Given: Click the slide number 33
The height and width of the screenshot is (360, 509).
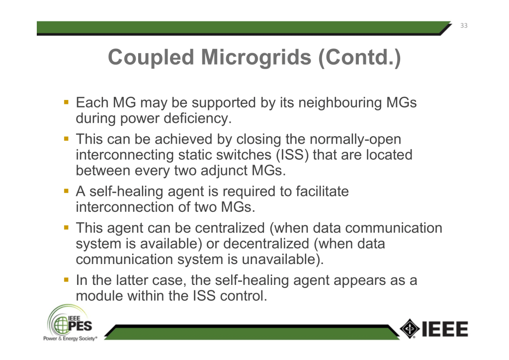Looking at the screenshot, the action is (x=464, y=26).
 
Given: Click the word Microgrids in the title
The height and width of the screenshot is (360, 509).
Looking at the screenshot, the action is (x=256, y=57).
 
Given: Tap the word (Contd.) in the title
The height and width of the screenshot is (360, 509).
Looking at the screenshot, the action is (x=360, y=58).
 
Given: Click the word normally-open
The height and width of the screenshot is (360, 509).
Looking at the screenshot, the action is (x=355, y=140).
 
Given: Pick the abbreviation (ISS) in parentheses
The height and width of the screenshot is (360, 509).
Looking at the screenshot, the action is (x=292, y=155).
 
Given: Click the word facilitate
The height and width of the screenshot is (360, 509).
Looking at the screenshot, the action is (x=322, y=191).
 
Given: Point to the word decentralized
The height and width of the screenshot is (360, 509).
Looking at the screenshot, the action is (x=266, y=244).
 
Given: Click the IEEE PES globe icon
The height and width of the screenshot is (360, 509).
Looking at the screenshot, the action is (x=61, y=325).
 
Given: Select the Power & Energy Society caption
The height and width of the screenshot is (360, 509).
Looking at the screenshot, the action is (x=70, y=339).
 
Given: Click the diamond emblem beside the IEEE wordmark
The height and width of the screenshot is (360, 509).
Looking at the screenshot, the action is (x=410, y=329).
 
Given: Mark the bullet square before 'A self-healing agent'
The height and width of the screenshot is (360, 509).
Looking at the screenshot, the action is (x=67, y=191).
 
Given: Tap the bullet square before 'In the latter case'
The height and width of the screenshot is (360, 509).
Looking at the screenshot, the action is (x=67, y=279).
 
